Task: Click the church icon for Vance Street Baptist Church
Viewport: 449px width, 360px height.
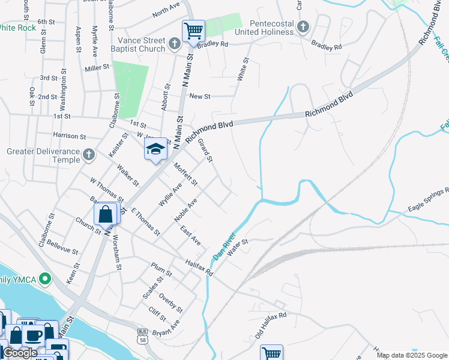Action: (x=174, y=43)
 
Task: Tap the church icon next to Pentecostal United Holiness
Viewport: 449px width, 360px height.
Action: (x=304, y=27)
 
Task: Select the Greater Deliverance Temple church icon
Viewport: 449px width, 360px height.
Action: (x=88, y=155)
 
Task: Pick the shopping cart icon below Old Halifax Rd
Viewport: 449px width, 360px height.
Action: (x=271, y=353)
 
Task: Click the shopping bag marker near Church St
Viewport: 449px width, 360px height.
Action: (x=105, y=214)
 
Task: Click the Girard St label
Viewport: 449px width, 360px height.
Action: (x=205, y=150)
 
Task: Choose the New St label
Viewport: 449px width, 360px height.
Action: (x=199, y=96)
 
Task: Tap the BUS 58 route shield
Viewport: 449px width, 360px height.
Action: (x=142, y=335)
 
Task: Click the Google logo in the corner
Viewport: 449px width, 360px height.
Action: (x=19, y=353)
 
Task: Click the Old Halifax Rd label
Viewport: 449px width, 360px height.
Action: (x=271, y=325)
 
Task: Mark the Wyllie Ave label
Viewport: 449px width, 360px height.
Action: (x=170, y=195)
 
